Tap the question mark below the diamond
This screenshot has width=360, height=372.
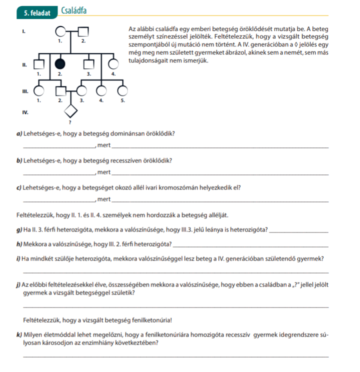tap(70, 122)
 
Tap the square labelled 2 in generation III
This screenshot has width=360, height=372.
tap(60, 91)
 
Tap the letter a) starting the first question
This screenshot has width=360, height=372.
tap(19, 134)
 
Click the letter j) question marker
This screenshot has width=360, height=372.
tap(18, 284)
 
